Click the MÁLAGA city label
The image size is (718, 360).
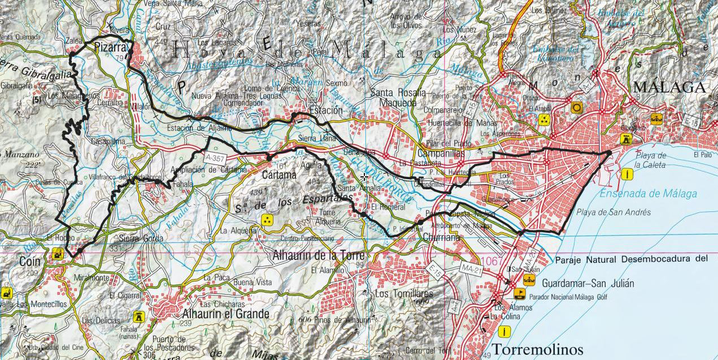pos(669,87)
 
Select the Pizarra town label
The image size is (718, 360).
pos(110,47)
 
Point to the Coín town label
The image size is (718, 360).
pos(29,262)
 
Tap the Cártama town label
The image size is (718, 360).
pos(279,175)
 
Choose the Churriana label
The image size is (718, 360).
pos(441,237)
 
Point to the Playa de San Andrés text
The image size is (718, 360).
pos(613,212)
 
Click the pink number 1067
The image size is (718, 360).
pos(490,261)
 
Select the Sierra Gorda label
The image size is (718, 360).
pos(141,238)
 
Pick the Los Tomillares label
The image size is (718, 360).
pos(404,294)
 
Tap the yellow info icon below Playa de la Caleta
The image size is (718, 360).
pos(626,174)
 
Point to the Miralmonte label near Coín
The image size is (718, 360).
pos(92,277)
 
